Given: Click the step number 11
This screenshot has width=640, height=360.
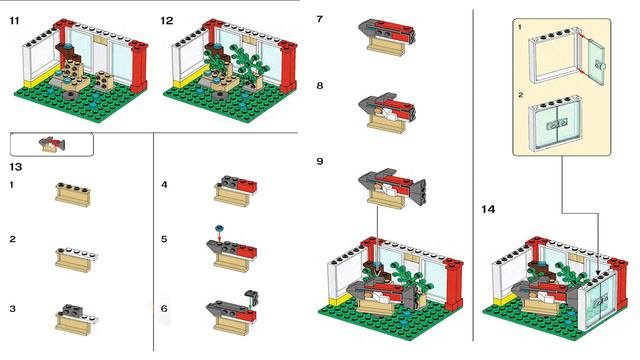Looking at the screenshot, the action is [x=14, y=20].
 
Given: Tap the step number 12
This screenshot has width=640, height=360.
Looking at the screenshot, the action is [x=167, y=20].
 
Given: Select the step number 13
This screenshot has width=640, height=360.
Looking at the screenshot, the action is [x=16, y=167].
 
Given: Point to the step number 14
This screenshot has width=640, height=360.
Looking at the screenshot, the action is [x=488, y=209].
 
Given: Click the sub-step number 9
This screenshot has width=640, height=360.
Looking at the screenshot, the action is [x=320, y=161].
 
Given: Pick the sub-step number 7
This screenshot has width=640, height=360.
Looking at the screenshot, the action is [x=320, y=19].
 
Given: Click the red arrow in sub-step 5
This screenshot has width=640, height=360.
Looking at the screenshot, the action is [x=220, y=236].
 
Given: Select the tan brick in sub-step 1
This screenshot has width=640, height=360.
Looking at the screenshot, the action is [x=73, y=194].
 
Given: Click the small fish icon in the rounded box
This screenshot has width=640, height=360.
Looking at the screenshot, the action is [x=52, y=144].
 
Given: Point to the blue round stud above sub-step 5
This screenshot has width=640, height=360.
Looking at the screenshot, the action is [x=220, y=227].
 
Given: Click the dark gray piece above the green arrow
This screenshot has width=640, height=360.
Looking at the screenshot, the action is [x=252, y=297].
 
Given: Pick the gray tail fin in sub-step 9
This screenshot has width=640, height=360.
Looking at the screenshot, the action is [x=418, y=192].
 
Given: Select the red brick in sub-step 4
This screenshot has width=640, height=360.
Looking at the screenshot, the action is [x=247, y=186].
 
